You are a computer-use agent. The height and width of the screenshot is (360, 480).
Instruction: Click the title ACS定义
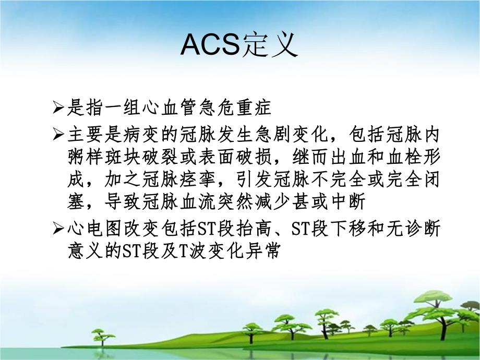[239, 45]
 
